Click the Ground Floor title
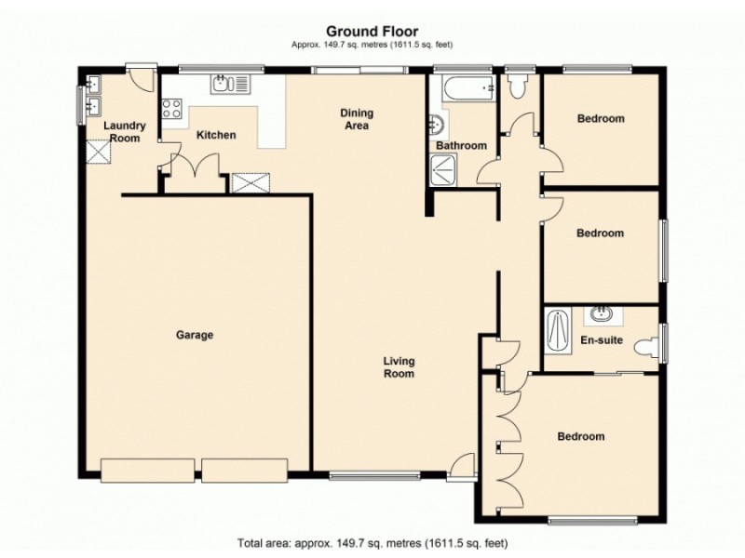pos(372,32)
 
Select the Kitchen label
pos(215,135)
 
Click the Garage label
pos(195,335)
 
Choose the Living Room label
pos(398,367)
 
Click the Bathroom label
pos(461,146)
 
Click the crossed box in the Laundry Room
pos(97,151)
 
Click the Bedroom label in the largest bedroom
pos(580,436)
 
